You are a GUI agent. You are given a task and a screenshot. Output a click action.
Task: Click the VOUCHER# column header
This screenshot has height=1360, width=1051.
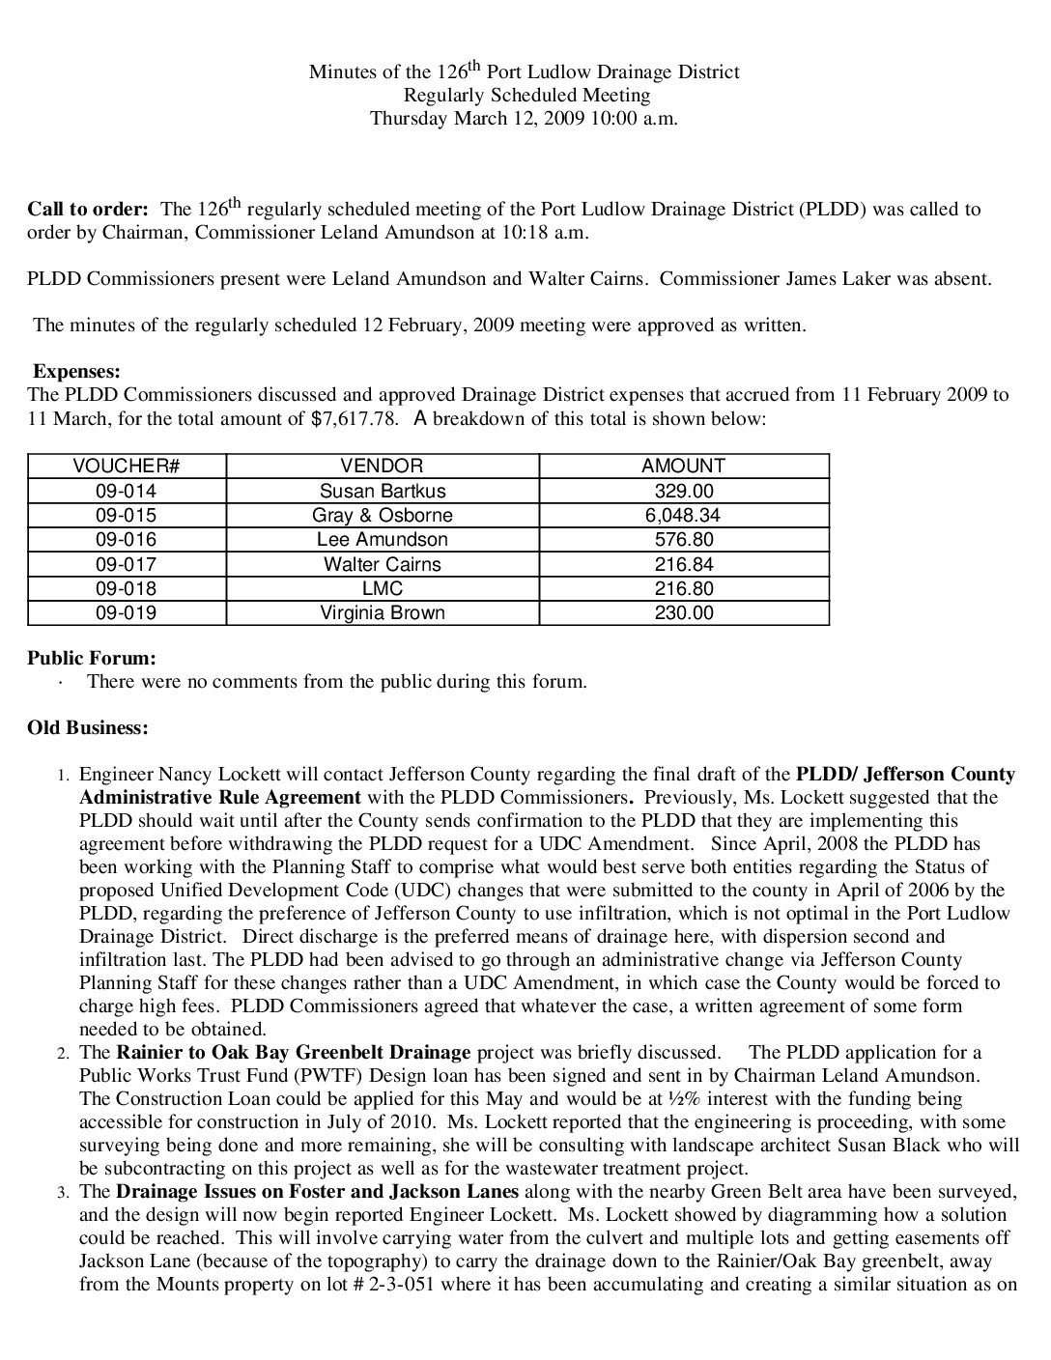127,466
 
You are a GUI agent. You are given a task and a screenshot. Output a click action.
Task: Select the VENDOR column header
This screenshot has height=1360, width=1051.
382,466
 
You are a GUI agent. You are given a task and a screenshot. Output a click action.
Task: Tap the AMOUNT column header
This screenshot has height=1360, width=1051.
683,466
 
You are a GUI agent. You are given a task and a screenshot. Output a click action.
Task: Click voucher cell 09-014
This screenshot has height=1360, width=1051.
127,491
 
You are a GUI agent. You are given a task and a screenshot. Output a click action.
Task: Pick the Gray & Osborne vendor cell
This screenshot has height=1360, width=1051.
382,515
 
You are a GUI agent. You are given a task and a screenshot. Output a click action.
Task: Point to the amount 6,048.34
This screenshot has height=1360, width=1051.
683,515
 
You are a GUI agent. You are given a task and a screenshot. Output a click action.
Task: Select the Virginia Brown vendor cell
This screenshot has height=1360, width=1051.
382,612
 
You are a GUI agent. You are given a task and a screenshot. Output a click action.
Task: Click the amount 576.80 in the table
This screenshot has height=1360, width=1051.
683,539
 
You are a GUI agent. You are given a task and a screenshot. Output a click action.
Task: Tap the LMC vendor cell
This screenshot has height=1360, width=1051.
382,588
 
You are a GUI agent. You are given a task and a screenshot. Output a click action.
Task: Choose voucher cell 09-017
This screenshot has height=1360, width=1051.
127,564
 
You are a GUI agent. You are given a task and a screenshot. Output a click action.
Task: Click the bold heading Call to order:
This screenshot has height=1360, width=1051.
88,210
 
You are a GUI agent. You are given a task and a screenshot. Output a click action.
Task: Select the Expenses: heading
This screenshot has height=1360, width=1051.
77,371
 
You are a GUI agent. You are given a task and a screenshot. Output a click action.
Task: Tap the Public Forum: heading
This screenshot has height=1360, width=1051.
92,658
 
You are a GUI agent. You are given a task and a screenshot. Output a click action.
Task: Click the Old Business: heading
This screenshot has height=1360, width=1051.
88,727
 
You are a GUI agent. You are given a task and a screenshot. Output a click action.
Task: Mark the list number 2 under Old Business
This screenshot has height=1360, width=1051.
63,1053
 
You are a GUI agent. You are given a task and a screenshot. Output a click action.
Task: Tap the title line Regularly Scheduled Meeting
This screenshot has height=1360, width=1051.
525,95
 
